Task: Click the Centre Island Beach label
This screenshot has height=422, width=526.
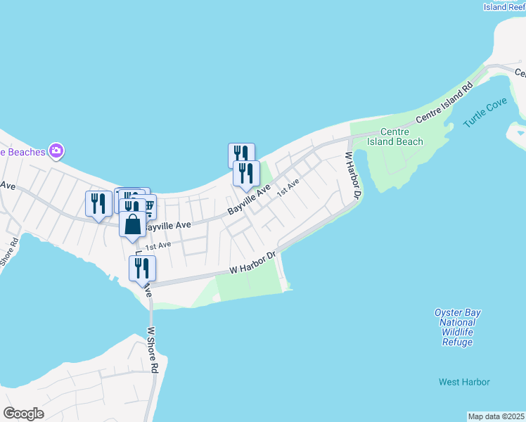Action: click(x=402, y=136)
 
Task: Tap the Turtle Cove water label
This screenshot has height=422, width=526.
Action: click(x=485, y=113)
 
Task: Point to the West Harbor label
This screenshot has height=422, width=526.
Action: click(x=464, y=382)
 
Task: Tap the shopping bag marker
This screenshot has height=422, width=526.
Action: click(x=133, y=225)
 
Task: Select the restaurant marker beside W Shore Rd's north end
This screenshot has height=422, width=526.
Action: click(x=142, y=268)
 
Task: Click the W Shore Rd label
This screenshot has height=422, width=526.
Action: click(x=153, y=350)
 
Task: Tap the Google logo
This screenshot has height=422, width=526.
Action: click(x=23, y=414)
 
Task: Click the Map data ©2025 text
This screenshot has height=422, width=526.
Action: click(x=496, y=416)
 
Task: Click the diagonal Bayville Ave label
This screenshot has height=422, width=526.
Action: click(x=248, y=201)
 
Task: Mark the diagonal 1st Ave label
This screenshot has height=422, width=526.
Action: click(x=288, y=187)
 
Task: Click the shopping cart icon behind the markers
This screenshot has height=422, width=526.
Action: click(x=149, y=205)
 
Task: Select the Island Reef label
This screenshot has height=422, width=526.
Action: click(x=504, y=7)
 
